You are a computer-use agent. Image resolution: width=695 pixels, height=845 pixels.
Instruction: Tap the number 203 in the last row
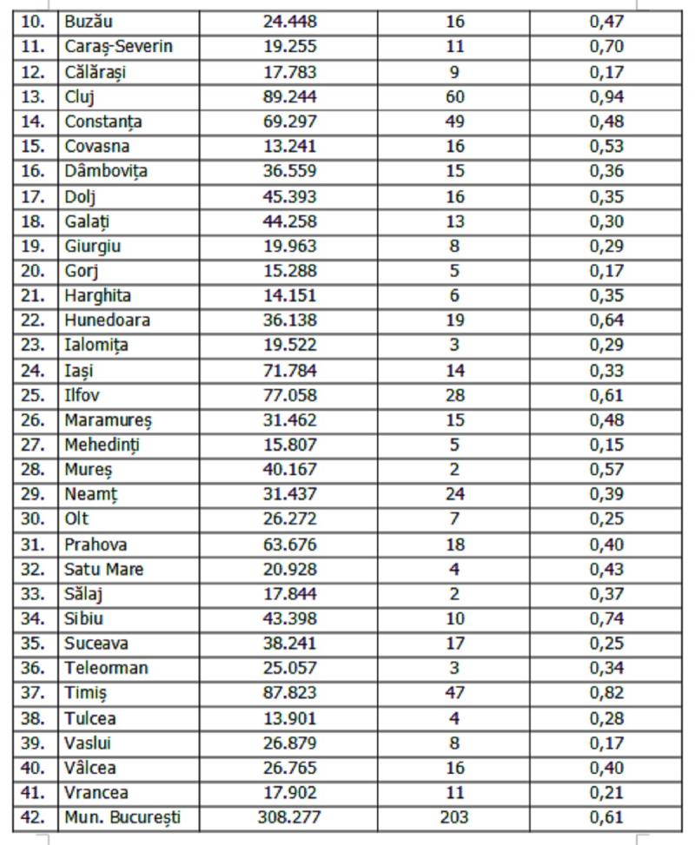(454, 818)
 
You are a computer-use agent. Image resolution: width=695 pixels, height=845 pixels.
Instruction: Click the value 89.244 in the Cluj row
(289, 96)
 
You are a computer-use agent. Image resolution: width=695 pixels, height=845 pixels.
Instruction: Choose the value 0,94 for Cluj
(606, 96)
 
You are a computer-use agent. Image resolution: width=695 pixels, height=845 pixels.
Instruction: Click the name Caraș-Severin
(118, 46)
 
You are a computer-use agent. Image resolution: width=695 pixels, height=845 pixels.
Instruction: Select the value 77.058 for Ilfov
(289, 396)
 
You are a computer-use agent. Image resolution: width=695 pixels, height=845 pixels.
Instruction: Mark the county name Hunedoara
(107, 320)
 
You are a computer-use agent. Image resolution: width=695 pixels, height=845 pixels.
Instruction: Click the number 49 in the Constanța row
(454, 122)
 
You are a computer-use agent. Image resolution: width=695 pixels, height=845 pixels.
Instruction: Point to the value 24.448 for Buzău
(289, 21)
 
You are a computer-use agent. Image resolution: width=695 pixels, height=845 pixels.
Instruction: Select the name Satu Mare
(104, 570)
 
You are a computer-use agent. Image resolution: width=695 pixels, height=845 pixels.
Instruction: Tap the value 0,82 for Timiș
(606, 693)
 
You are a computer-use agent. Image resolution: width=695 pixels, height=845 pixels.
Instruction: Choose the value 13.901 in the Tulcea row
(289, 718)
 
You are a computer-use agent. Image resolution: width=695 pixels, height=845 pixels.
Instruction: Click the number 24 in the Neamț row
(454, 495)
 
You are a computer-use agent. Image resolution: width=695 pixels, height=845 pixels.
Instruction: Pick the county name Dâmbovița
(106, 171)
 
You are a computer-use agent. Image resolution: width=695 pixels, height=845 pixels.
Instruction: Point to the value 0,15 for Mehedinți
(606, 446)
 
